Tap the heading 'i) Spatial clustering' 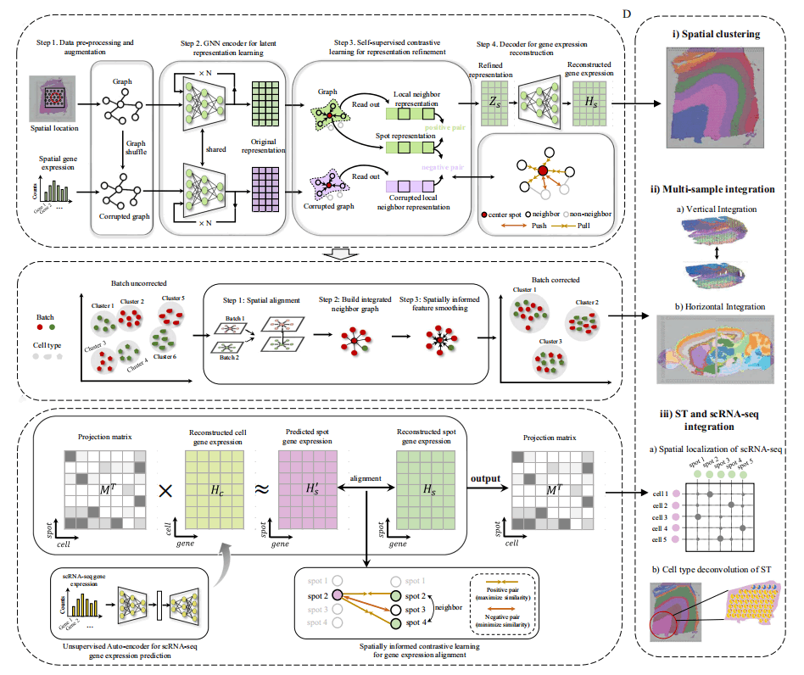click(716, 35)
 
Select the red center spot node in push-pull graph click(543, 173)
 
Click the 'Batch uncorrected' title click(138, 282)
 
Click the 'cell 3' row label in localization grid click(659, 516)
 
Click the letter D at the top click(627, 14)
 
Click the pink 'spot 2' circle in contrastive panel click(338, 595)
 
